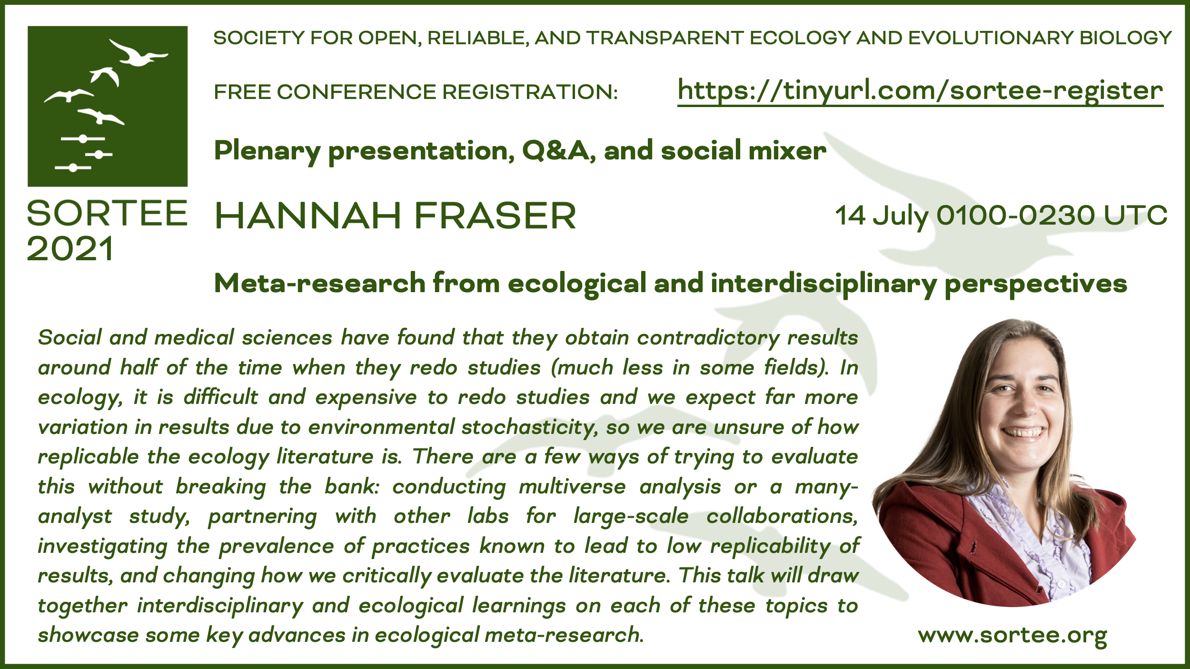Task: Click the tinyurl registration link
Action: point(920,92)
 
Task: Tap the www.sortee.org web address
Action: point(1012,635)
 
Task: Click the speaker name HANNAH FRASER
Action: point(395,216)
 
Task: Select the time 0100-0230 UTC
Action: point(1052,216)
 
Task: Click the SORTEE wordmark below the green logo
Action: point(107,213)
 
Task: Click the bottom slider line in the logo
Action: point(73,167)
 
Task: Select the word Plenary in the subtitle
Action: point(268,152)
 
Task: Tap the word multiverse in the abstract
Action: point(572,487)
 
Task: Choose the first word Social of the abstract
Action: point(70,337)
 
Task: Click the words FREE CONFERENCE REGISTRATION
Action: point(416,92)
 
